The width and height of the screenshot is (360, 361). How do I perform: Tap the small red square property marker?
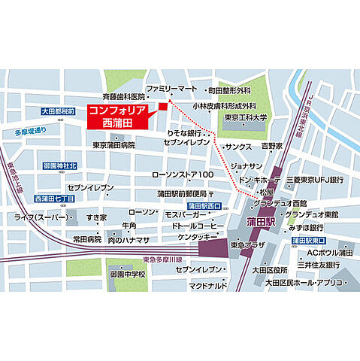point(161,108)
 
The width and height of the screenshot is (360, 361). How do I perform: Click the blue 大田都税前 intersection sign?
point(59,111)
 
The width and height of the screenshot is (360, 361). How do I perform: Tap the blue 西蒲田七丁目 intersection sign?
point(56,199)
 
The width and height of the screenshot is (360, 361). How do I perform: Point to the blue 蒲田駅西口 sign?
point(204,205)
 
